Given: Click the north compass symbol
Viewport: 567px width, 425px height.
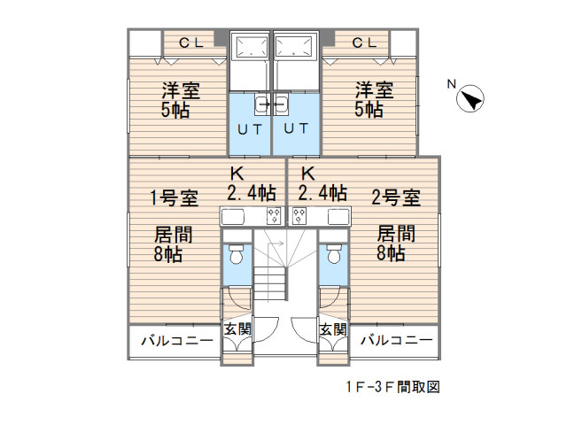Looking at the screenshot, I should (470, 100).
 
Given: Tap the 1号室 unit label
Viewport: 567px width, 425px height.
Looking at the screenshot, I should (174, 197).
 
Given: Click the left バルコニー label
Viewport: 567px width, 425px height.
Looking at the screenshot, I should (175, 341).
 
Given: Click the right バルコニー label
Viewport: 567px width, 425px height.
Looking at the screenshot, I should (395, 341).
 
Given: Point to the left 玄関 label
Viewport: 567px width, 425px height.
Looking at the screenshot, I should (237, 329).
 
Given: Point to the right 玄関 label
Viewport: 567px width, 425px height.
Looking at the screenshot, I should (332, 329).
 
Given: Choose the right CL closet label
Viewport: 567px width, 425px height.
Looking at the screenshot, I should (363, 42).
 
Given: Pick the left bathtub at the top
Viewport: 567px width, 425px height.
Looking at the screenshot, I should (251, 46).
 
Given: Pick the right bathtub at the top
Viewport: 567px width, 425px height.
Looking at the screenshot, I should (295, 46).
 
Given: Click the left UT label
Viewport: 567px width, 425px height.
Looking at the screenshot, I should (249, 128).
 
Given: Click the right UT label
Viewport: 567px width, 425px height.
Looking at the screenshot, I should (296, 128).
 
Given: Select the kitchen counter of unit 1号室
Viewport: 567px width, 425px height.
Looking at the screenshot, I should (251, 216).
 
